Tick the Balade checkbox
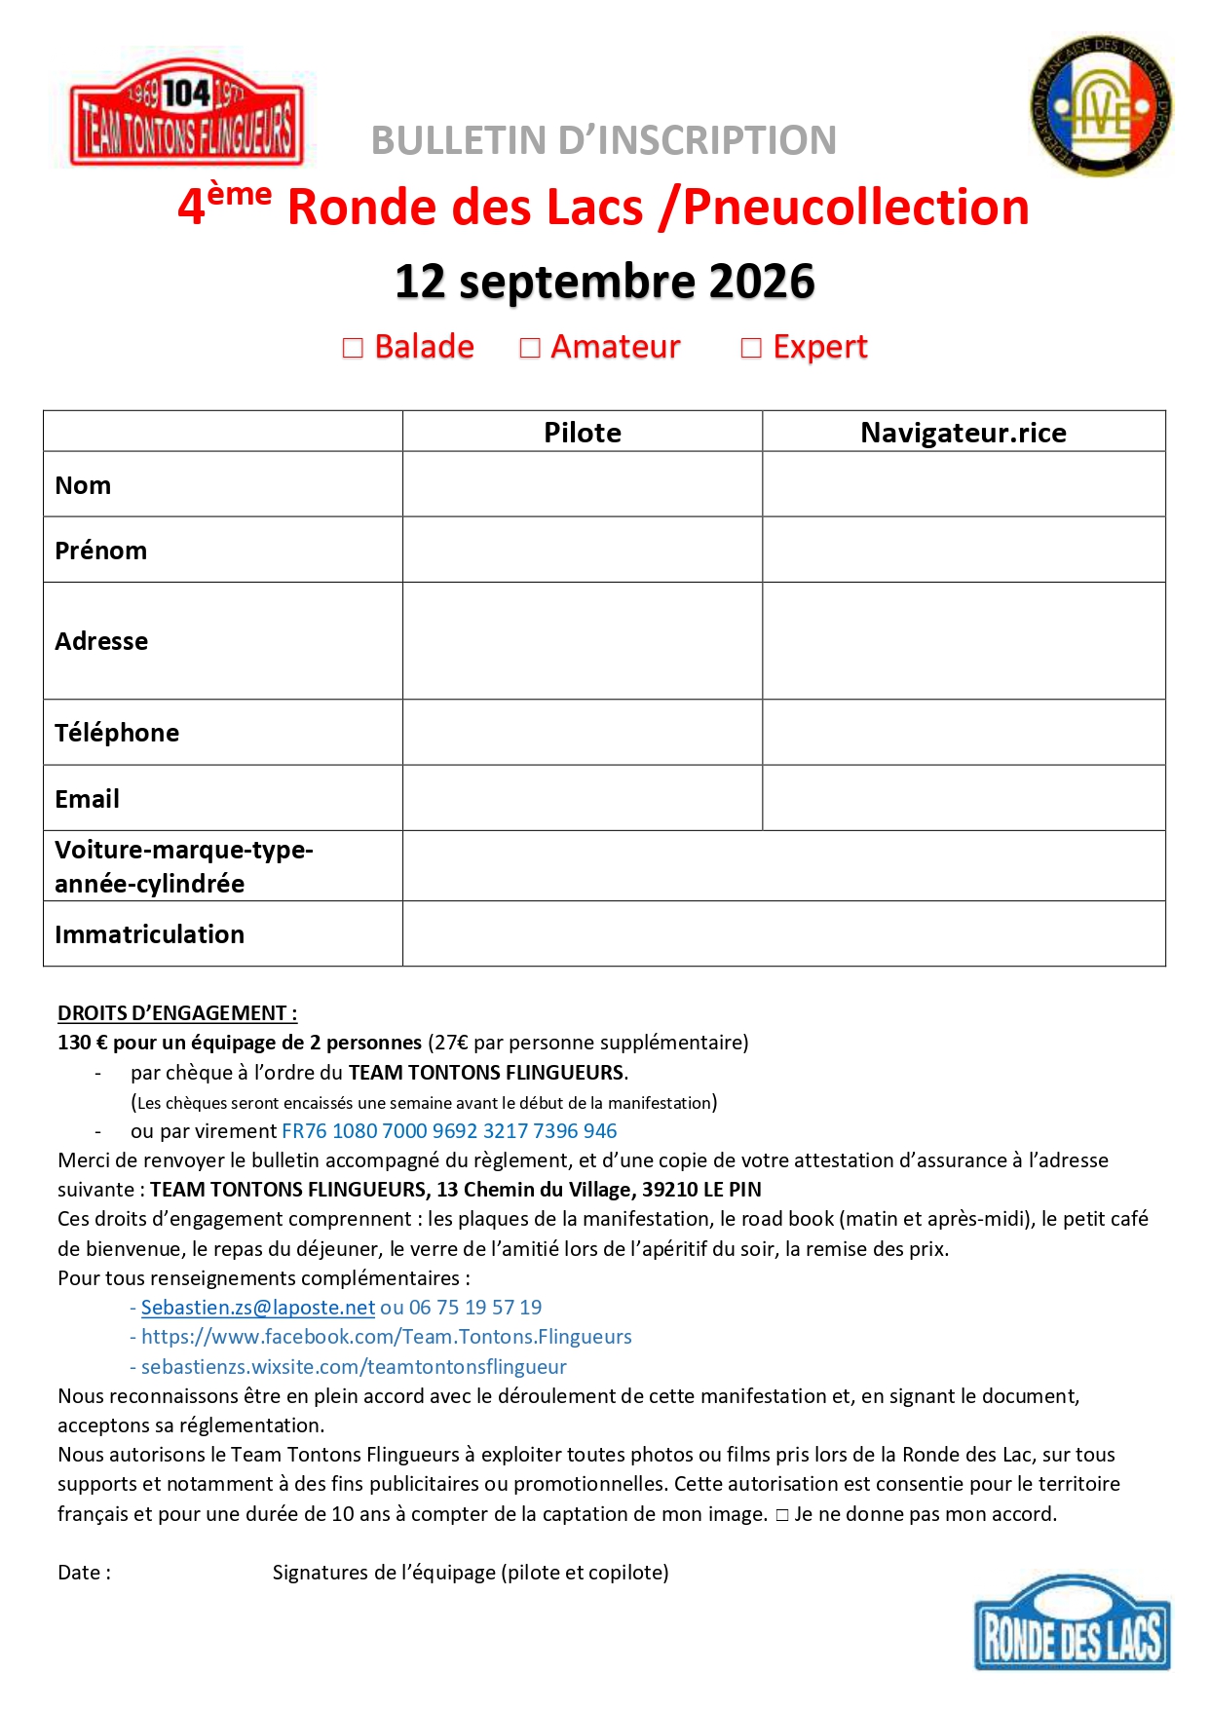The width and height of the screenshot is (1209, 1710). tap(353, 348)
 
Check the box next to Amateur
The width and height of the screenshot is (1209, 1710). tap(530, 348)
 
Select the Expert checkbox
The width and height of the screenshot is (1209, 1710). tap(751, 348)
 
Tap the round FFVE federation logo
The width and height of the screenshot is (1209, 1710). tap(1101, 107)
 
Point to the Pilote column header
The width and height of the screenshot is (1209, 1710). tap(583, 432)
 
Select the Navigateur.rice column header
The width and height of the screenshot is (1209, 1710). tap(963, 432)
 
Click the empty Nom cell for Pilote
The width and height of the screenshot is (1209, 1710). tap(583, 484)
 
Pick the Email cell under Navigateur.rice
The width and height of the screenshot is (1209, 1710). tap(963, 798)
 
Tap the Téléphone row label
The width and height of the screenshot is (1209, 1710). tap(117, 733)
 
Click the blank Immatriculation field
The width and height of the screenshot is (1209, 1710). tap(783, 933)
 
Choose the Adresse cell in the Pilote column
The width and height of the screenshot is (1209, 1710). tap(583, 641)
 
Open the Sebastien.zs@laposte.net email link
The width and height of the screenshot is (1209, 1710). tap(258, 1308)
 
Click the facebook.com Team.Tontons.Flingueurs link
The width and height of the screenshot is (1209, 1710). tap(387, 1337)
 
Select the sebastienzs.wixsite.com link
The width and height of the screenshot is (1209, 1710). tap(354, 1367)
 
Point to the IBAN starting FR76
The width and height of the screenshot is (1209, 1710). tap(449, 1131)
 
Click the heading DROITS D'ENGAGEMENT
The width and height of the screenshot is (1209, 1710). tap(177, 1013)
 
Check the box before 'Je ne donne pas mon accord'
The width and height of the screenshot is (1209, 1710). tap(781, 1515)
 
